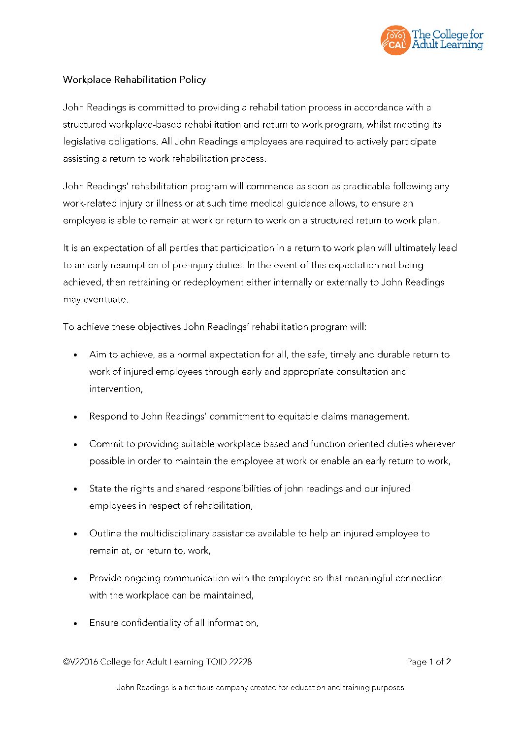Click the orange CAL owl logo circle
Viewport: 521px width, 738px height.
[395, 40]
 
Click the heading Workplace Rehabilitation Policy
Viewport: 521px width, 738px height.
[134, 80]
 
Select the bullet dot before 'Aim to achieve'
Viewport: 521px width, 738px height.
[75, 355]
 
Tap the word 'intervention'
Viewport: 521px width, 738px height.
[116, 389]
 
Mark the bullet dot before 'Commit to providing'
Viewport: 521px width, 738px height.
[75, 445]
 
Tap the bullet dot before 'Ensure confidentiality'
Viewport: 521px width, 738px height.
[75, 624]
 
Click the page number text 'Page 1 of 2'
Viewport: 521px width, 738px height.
[428, 662]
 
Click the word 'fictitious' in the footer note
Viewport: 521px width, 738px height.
[199, 688]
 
